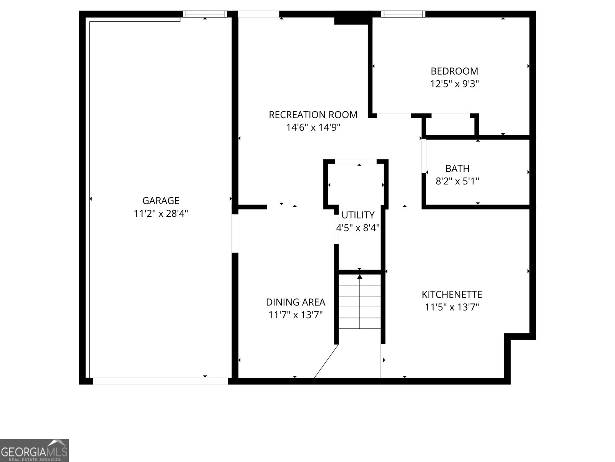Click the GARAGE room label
coord(161,201)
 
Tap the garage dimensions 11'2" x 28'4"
coord(161,213)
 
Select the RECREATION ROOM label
coord(313,115)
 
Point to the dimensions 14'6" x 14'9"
coord(313,127)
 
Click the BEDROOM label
coord(454,71)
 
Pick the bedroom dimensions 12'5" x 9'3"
coord(454,84)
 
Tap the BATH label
coord(457,168)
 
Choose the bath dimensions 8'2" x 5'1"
coord(457,181)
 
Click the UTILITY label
coord(358,215)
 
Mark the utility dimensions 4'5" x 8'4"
coord(358,228)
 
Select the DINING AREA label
coord(295,302)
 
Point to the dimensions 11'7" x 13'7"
coord(295,315)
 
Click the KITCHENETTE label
coord(452,295)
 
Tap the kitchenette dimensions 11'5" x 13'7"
coord(452,307)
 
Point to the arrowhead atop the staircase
coord(360,276)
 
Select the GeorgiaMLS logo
coord(34,450)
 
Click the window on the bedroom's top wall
coord(403,14)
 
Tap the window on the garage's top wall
coord(205,14)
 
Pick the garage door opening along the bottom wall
coord(160,381)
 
